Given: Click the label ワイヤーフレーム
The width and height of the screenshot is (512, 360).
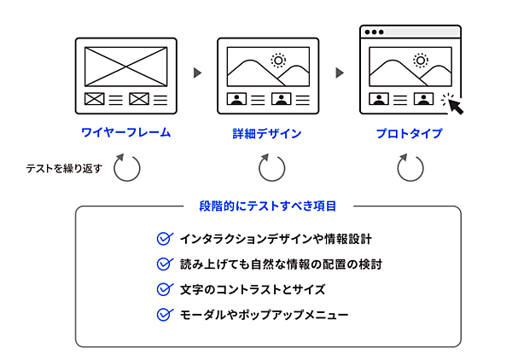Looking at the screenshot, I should [126, 133].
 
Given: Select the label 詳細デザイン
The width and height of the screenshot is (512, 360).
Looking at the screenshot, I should [267, 134].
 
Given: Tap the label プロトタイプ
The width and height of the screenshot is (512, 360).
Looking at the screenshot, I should [410, 134].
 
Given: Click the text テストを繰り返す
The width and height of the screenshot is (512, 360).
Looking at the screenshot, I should [64, 168].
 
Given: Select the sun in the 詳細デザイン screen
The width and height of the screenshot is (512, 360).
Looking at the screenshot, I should [277, 61].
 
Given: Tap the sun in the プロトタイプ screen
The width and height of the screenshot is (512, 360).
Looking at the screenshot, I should [420, 61].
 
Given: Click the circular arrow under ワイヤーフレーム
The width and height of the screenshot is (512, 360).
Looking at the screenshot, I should [126, 167].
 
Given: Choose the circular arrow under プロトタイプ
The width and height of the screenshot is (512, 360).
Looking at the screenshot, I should [410, 167].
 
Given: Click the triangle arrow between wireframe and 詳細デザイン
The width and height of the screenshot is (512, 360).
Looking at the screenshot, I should [198, 73].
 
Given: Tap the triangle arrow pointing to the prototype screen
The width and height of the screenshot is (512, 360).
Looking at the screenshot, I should [340, 73].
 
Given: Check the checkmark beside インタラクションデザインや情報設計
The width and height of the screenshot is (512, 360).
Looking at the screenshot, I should [166, 238].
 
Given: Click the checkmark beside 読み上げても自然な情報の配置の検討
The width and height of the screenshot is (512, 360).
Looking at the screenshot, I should [166, 264].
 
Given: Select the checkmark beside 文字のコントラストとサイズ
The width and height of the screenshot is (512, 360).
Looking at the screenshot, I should [166, 289].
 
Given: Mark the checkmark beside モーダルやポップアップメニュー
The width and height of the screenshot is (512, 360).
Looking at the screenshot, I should [166, 315].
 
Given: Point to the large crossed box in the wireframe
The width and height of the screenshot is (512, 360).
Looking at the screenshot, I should [126, 66].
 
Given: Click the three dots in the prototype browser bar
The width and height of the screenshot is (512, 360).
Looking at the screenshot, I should [375, 32].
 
